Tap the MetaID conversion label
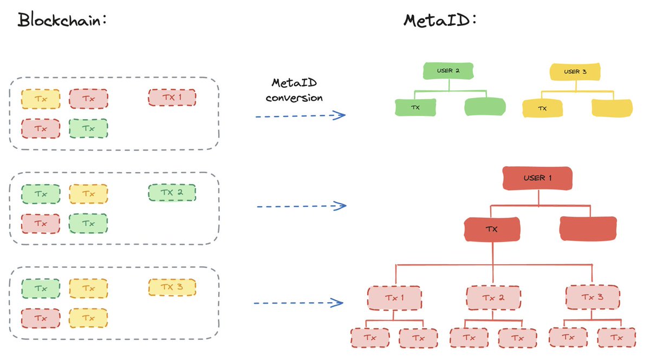click(x=297, y=90)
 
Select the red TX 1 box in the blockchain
click(x=172, y=98)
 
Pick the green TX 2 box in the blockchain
click(x=172, y=193)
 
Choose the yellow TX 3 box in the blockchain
click(x=172, y=287)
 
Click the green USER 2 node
click(x=448, y=71)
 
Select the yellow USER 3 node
click(x=575, y=71)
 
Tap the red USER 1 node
click(x=538, y=178)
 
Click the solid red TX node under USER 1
click(x=492, y=229)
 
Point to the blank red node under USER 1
click(x=588, y=229)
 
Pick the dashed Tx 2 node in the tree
click(x=493, y=298)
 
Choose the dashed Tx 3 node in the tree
click(x=592, y=298)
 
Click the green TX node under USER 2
click(x=415, y=107)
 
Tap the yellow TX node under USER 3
click(x=542, y=108)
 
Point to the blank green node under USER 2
click(x=485, y=107)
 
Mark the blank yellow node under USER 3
click(x=612, y=108)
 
